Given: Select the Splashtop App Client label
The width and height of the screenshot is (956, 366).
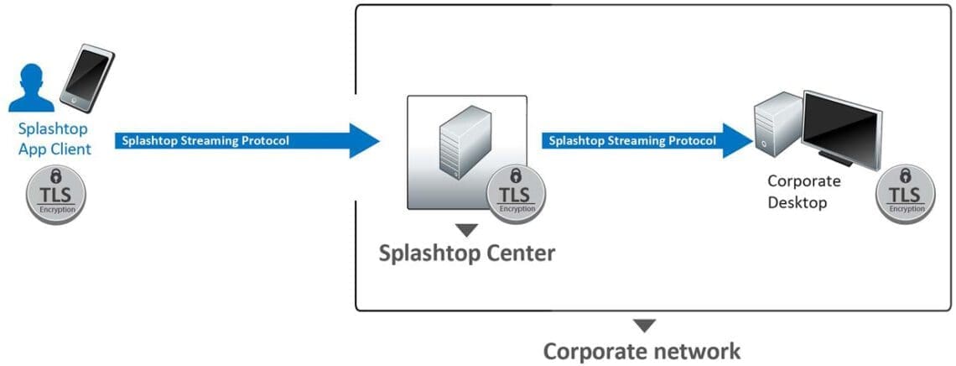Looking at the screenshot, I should coord(54,140).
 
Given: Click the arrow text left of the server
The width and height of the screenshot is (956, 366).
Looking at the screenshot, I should coord(205,140).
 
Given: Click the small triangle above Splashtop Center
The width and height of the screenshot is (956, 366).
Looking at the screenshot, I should coord(466,229).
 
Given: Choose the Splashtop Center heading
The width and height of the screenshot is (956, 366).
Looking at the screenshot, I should coord(467,252).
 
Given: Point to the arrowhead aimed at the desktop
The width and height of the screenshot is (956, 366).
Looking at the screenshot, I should coord(737,140).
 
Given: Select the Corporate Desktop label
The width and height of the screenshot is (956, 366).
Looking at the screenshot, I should coord(803,191).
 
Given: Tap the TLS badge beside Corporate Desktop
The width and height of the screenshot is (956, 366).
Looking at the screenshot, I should coord(905,194).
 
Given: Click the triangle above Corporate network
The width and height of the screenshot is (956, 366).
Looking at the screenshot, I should coord(644,326).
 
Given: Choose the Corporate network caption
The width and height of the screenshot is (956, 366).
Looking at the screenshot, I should coord(642,350).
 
